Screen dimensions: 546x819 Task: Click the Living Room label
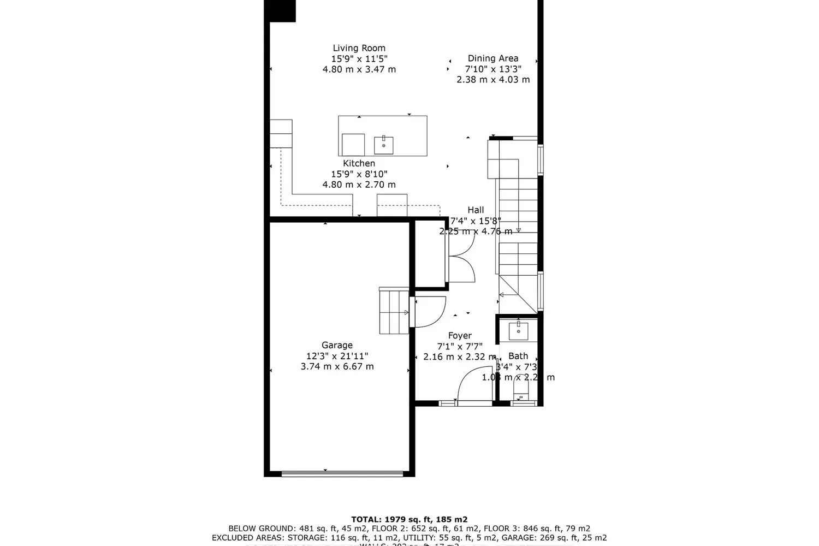359,48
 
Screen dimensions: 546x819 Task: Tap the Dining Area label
492,58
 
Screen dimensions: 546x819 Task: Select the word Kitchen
359,163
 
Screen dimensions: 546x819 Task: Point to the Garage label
337,345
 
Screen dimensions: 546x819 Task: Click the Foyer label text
459,336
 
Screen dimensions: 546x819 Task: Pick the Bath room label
518,356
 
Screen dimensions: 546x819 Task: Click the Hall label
475,210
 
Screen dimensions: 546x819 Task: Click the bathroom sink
518,331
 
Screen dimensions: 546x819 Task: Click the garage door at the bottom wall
341,473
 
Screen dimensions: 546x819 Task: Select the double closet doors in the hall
461,261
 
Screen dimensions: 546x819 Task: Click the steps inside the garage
394,312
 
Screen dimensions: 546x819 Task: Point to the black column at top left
280,11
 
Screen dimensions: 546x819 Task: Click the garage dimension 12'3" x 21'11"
337,356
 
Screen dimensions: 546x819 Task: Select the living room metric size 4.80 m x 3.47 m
359,69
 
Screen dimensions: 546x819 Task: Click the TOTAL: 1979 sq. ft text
409,519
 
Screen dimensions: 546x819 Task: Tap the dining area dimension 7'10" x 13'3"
492,69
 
